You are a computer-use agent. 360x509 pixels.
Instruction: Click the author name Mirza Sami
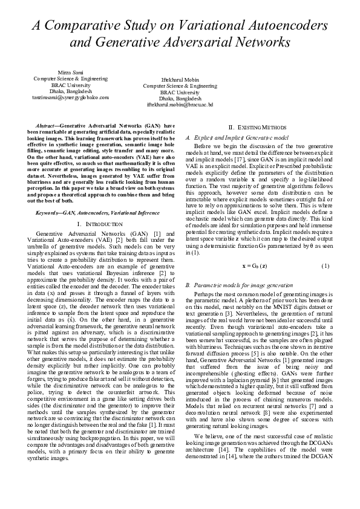point(70,73)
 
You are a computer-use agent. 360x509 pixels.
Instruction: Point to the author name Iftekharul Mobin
point(180,80)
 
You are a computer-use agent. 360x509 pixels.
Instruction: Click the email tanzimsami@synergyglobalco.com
point(70,97)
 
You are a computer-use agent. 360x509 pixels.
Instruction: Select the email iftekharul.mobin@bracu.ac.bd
point(180,104)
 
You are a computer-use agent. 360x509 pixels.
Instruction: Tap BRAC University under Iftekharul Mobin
point(180,92)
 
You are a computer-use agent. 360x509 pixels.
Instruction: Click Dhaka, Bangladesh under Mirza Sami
point(70,91)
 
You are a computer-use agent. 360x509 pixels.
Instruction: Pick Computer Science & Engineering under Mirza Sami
point(70,79)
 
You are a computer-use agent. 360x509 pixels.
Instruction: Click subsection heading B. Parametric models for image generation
point(241,284)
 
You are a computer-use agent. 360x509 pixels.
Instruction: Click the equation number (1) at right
point(326,266)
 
